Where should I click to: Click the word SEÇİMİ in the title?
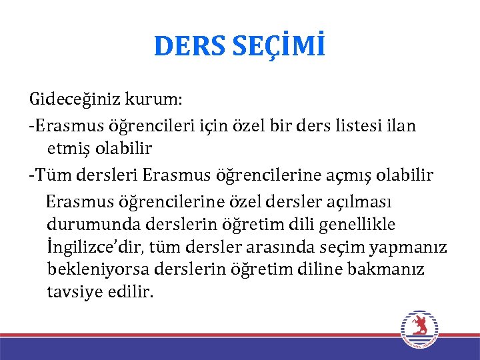(x=280, y=46)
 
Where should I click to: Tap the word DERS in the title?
(x=191, y=46)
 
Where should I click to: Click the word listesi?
(x=351, y=125)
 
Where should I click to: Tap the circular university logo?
(x=419, y=329)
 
